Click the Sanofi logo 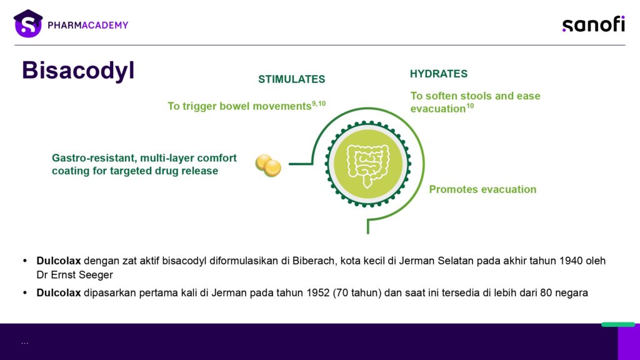pyautogui.click(x=594, y=24)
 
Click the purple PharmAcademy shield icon pyautogui.click(x=27, y=24)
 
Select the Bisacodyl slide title pyautogui.click(x=78, y=71)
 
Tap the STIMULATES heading pyautogui.click(x=291, y=79)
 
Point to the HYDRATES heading pyautogui.click(x=439, y=74)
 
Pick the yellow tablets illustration pyautogui.click(x=268, y=165)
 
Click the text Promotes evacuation pyautogui.click(x=482, y=189)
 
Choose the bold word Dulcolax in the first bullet pyautogui.click(x=58, y=261)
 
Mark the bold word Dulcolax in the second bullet pyautogui.click(x=58, y=293)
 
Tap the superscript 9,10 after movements pyautogui.click(x=319, y=104)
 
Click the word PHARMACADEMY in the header pyautogui.click(x=87, y=25)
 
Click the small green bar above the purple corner pyautogui.click(x=618, y=324)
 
